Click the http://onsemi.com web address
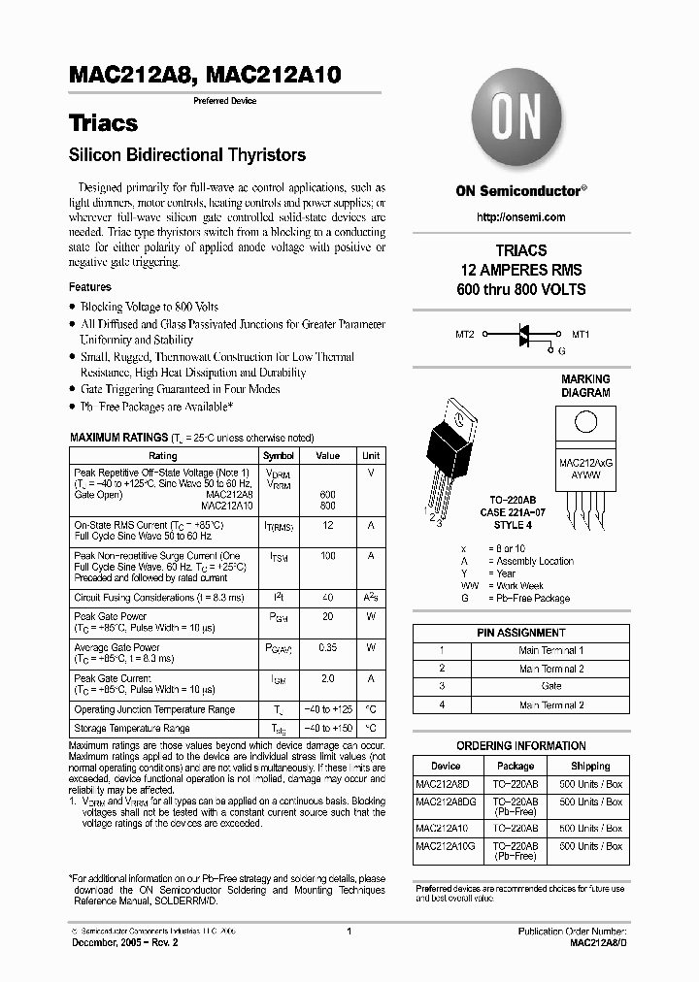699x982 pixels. pos(520,216)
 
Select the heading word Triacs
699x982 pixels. pos(103,123)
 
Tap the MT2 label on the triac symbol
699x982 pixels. pos(466,334)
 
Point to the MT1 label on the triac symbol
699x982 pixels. pos(581,334)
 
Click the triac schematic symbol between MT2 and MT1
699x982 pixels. pos(523,334)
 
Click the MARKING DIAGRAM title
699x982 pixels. pos(585,386)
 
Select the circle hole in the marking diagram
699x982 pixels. pos(585,422)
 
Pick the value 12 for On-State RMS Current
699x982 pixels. pos(328,524)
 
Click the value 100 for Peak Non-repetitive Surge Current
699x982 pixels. pos(328,556)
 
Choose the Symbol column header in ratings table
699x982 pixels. pos(279,455)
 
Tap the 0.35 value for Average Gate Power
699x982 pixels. pos(328,647)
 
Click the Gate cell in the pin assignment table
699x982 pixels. pos(551,686)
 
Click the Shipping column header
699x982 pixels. pos(590,766)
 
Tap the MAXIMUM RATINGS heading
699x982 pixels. pos(118,439)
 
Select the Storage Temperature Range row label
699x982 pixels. pos(132,728)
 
